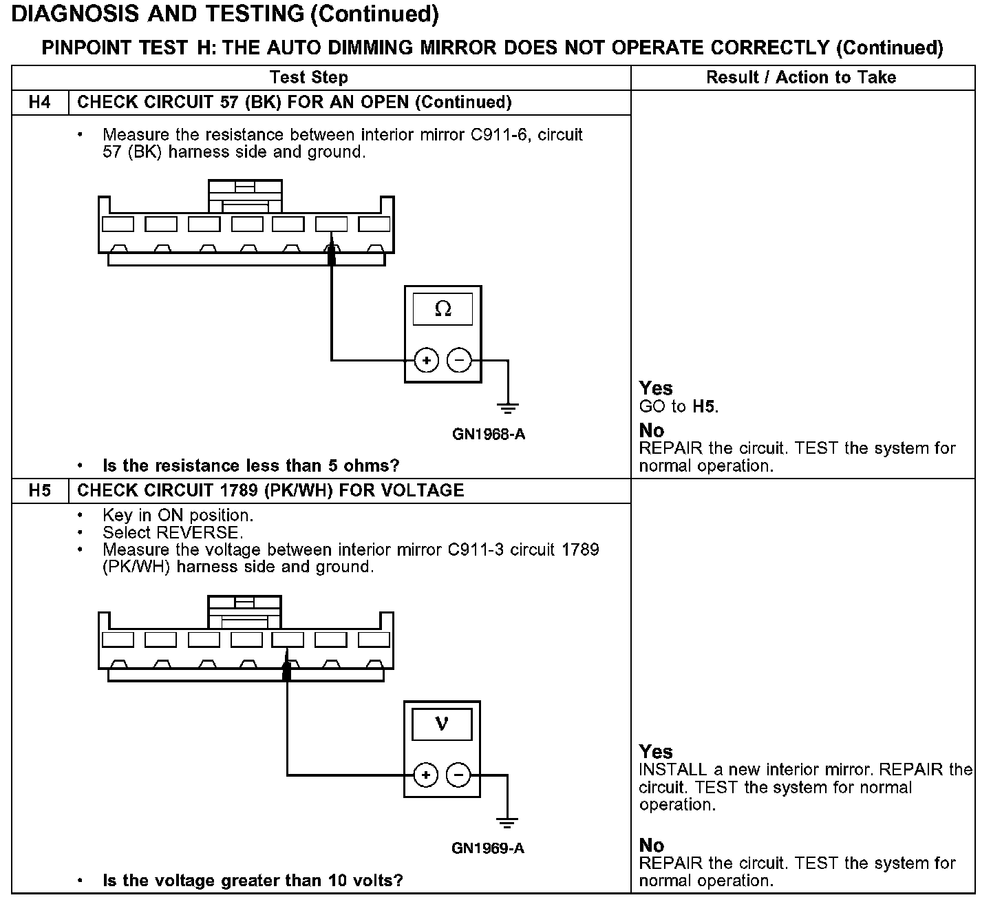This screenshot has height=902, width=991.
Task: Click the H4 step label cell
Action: [x=40, y=103]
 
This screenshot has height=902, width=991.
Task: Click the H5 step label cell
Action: [x=40, y=490]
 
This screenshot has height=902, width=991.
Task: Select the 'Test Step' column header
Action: [x=309, y=77]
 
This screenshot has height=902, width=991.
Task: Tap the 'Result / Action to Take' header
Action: [x=801, y=77]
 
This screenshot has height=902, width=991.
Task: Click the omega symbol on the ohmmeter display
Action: [x=443, y=310]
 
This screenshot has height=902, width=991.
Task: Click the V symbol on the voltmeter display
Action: [x=442, y=724]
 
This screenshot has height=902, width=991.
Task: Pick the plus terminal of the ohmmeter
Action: [x=427, y=360]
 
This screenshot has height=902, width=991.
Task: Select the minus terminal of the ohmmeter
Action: [x=459, y=360]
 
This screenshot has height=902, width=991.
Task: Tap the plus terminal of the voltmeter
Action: [x=426, y=775]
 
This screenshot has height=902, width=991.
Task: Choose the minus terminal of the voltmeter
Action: [x=459, y=775]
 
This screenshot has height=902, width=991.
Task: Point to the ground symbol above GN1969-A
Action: [x=507, y=822]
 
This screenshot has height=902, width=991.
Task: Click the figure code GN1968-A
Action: [x=489, y=434]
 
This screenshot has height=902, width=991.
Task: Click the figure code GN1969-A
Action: [x=488, y=848]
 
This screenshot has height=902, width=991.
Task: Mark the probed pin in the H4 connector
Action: [x=331, y=224]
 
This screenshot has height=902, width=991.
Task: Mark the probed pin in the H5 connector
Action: [x=288, y=640]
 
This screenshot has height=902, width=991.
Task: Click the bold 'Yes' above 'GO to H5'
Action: [x=656, y=388]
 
